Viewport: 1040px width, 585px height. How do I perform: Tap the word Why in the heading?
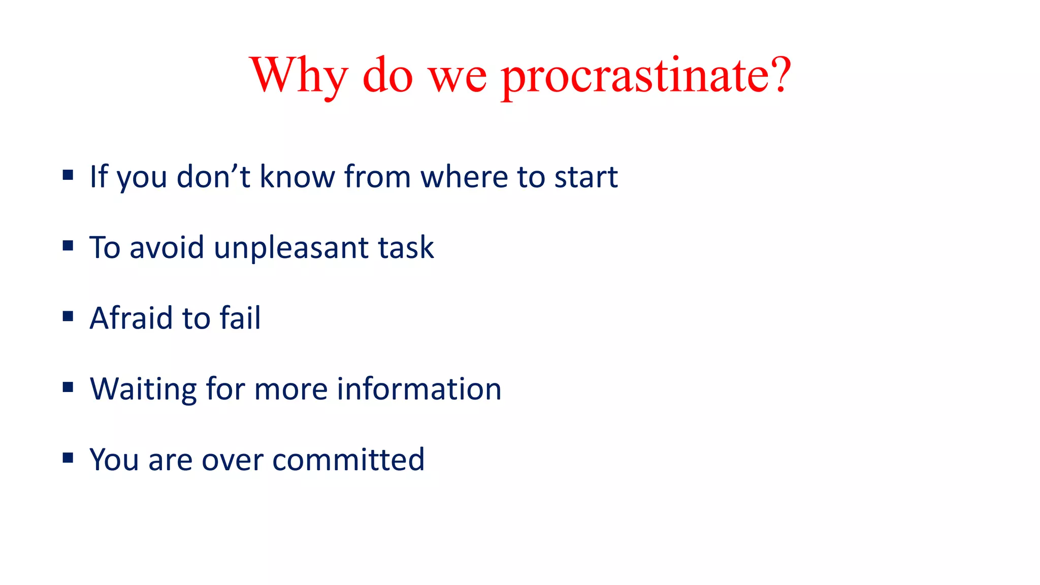[x=299, y=76]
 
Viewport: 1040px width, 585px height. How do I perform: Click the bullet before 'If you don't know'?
[x=68, y=175]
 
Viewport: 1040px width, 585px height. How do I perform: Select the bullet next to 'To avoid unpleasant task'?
[x=68, y=246]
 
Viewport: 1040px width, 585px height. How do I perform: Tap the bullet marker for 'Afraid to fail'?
[x=68, y=316]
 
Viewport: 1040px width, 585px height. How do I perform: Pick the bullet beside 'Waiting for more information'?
[x=68, y=387]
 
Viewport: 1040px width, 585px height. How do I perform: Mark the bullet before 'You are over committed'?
[x=68, y=458]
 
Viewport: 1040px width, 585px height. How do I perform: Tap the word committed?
[x=348, y=460]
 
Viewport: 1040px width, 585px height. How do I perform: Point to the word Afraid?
[x=132, y=318]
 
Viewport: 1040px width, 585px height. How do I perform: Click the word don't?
[x=213, y=178]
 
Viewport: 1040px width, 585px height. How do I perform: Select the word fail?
[x=240, y=318]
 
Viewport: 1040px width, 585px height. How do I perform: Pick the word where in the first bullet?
[x=464, y=178]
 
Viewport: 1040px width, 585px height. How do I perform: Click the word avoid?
[x=167, y=248]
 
